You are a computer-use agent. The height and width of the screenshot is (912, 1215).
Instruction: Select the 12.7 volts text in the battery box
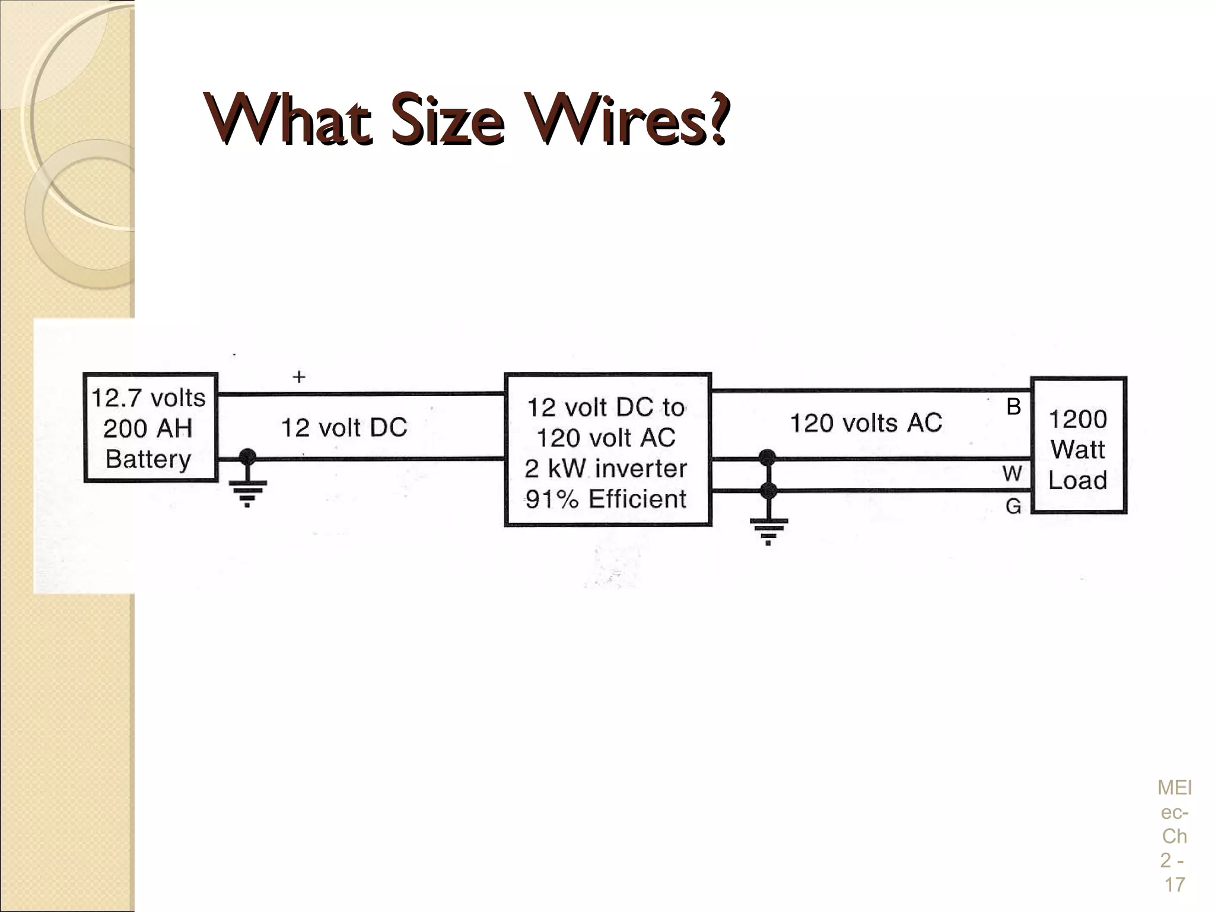(148, 397)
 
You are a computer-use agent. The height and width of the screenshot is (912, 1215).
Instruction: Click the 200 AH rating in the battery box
(148, 428)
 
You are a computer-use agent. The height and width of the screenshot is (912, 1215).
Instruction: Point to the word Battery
(148, 459)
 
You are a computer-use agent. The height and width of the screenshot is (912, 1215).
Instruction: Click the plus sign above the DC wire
(299, 376)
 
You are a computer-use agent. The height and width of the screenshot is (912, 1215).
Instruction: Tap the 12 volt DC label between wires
(344, 427)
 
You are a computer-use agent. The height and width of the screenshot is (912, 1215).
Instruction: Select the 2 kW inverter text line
(606, 468)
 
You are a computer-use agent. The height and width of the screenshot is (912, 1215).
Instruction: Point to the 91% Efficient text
(606, 499)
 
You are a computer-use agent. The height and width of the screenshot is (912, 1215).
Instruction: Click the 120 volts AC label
(866, 423)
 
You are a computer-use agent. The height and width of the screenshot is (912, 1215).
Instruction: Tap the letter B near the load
(1013, 407)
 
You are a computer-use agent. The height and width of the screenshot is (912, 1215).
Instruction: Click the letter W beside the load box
(1012, 474)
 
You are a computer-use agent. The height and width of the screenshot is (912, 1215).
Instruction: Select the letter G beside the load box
(1013, 506)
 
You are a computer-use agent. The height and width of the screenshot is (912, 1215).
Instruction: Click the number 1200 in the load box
(1078, 419)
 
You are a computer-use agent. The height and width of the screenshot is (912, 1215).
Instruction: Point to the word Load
(1078, 480)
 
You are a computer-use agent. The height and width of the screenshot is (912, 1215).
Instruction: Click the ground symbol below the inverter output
(768, 530)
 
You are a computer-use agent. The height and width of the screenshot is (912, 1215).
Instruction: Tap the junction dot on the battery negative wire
(247, 457)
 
